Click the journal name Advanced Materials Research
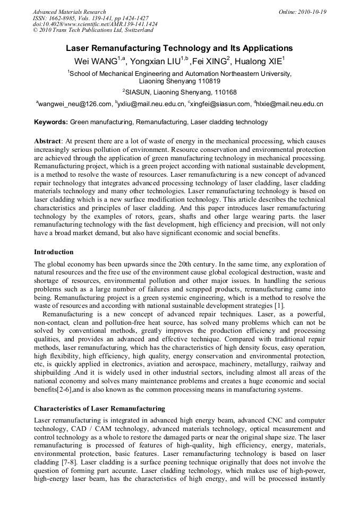tap(69, 12)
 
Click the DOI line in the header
tap(95, 24)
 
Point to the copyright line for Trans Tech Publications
tap(93, 30)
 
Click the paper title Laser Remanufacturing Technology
tap(179, 48)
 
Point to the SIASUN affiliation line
tap(179, 92)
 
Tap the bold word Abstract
tap(47, 142)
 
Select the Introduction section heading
tap(54, 252)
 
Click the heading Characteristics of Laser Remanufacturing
tap(99, 409)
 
